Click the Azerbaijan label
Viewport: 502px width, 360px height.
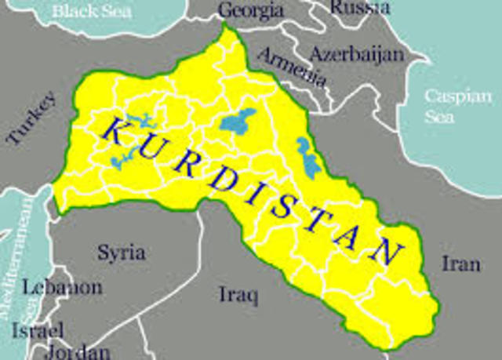[x=357, y=54]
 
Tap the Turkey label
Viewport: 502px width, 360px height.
[x=31, y=118]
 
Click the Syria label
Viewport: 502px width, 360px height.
[x=121, y=252]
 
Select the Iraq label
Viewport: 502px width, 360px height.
[x=237, y=294]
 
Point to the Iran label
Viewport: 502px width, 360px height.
[x=460, y=263]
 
